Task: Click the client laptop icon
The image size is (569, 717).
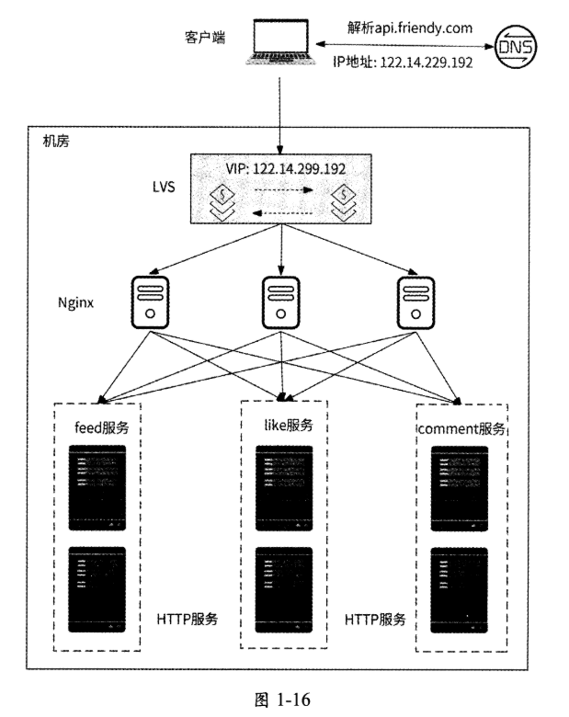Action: (x=278, y=43)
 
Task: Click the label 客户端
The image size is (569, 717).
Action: (x=205, y=36)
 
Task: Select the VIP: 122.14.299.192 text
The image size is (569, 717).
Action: (x=281, y=170)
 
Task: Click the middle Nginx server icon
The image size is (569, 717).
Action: (x=280, y=301)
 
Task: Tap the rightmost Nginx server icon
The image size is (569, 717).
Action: (x=414, y=301)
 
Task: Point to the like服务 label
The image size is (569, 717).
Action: (x=281, y=426)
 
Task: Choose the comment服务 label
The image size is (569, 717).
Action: (x=462, y=428)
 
